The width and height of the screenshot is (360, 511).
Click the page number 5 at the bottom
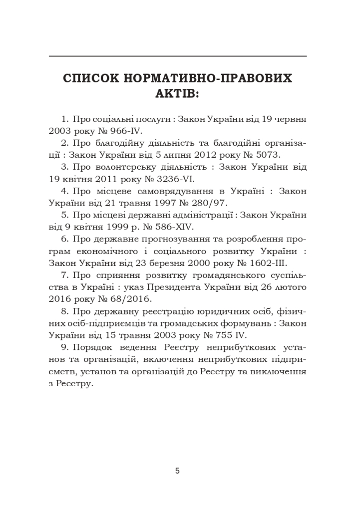177,470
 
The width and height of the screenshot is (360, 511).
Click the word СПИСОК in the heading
93,78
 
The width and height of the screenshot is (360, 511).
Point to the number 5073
267,155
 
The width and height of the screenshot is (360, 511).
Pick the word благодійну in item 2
113,143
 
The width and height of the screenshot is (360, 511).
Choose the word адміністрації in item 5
202,214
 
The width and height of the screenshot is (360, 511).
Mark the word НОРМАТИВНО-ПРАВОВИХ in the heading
210,78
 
